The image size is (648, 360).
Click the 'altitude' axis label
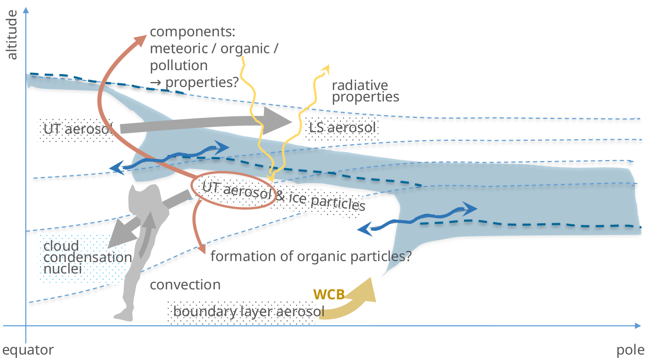[12, 38]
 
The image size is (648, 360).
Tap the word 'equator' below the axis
[28, 350]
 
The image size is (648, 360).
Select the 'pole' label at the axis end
[630, 350]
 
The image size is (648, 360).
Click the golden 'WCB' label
[329, 294]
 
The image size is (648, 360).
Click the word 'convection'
[185, 285]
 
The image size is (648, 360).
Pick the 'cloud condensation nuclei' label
[85, 258]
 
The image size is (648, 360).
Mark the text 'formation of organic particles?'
[311, 257]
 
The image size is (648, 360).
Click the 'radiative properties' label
[365, 90]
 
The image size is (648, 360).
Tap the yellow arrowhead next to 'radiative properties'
[326, 68]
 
